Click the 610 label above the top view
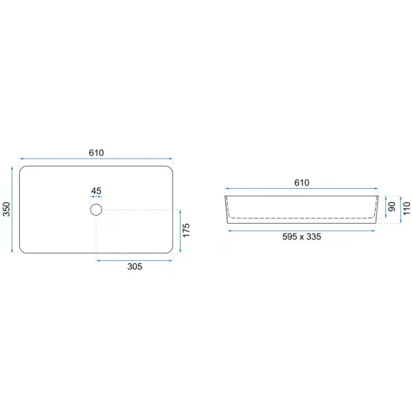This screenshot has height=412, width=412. (x=96, y=152)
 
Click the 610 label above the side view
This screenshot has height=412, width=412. (x=301, y=183)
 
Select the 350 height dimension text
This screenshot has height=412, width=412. (x=6, y=209)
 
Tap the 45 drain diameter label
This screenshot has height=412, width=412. (x=96, y=191)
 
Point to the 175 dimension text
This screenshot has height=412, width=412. (x=186, y=231)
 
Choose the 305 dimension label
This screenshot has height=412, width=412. (x=135, y=266)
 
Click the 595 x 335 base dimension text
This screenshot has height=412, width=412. (x=301, y=237)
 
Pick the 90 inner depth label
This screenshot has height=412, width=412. (x=392, y=207)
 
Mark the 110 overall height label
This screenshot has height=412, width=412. (x=407, y=208)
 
